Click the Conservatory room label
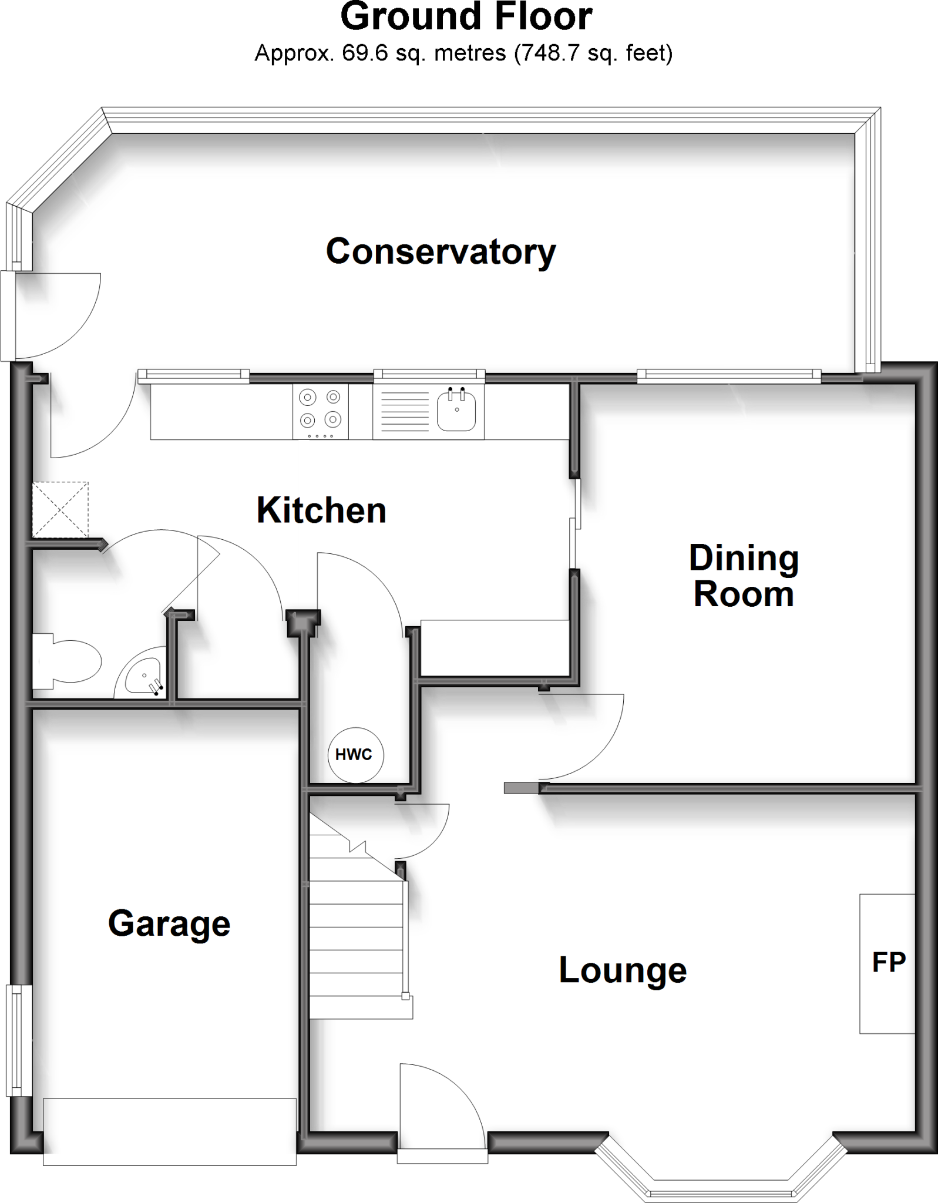441,252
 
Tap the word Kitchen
321,510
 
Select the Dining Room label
744,576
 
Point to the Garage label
169,923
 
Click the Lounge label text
623,970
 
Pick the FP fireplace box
887,963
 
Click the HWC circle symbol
355,754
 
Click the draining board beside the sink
405,411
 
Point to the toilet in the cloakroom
66,661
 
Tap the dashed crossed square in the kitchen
60,510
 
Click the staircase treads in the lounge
357,934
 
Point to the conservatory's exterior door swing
56,314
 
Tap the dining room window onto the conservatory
728,375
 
